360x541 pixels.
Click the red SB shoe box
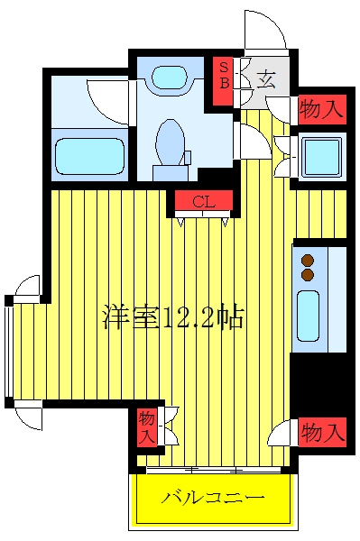224,81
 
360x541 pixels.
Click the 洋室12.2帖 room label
173,316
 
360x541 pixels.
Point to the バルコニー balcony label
214,498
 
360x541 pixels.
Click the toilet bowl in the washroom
170,142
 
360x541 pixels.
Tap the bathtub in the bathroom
89,156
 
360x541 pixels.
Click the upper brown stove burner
308,261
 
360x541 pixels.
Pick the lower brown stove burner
308,275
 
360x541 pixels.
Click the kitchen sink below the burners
308,316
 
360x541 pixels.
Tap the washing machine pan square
322,158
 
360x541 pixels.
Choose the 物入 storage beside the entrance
322,109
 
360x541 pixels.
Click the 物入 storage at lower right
322,432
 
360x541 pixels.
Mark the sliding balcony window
213,470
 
